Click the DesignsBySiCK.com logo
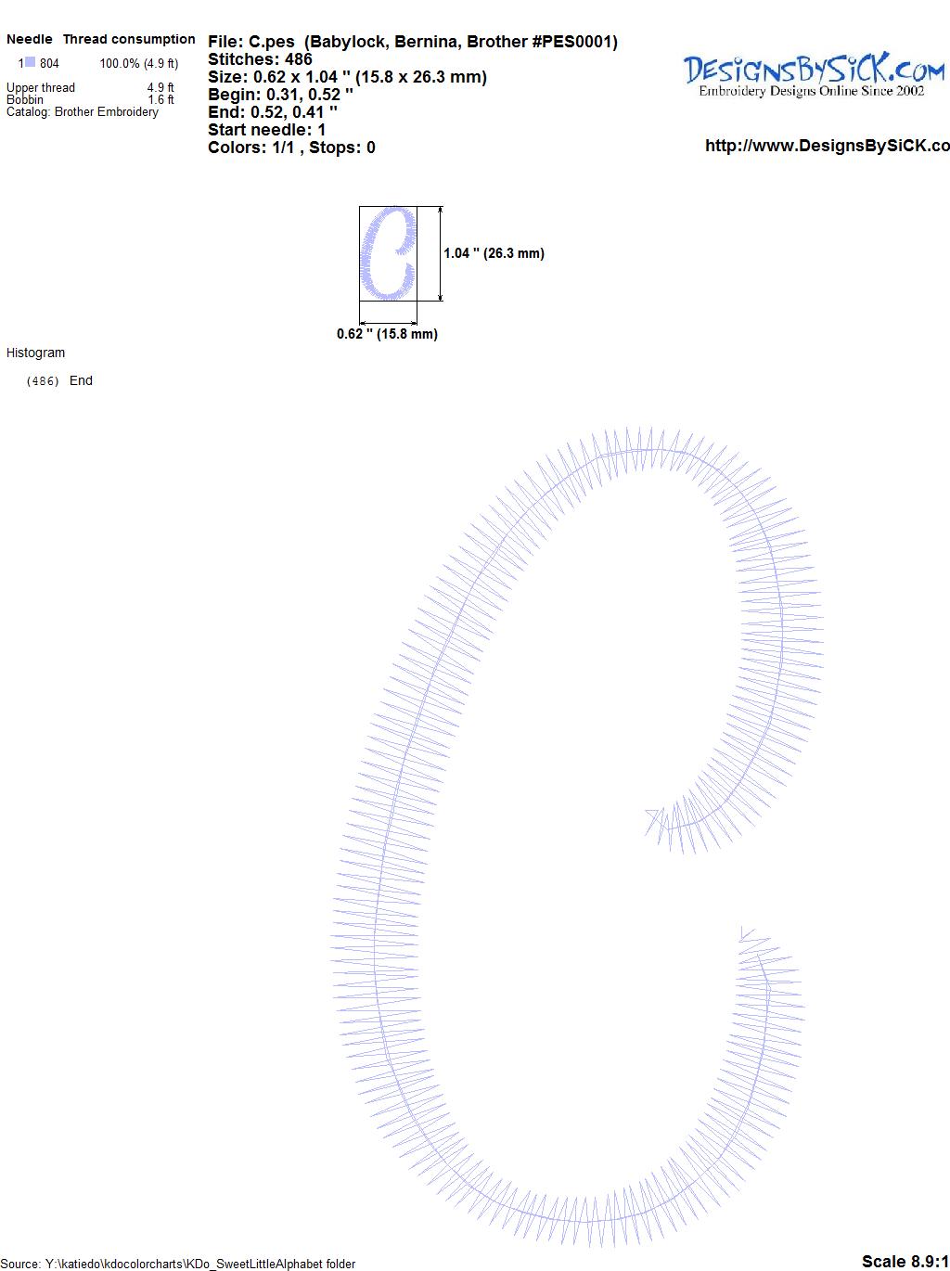[814, 75]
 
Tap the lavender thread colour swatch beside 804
[30, 62]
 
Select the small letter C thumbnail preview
[388, 253]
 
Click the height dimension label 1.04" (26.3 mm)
[494, 253]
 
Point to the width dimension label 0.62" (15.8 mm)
[387, 334]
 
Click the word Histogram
[35, 353]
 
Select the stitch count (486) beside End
[43, 381]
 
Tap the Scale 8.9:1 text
[905, 1261]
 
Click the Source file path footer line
[178, 1264]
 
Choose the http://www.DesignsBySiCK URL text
[828, 146]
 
